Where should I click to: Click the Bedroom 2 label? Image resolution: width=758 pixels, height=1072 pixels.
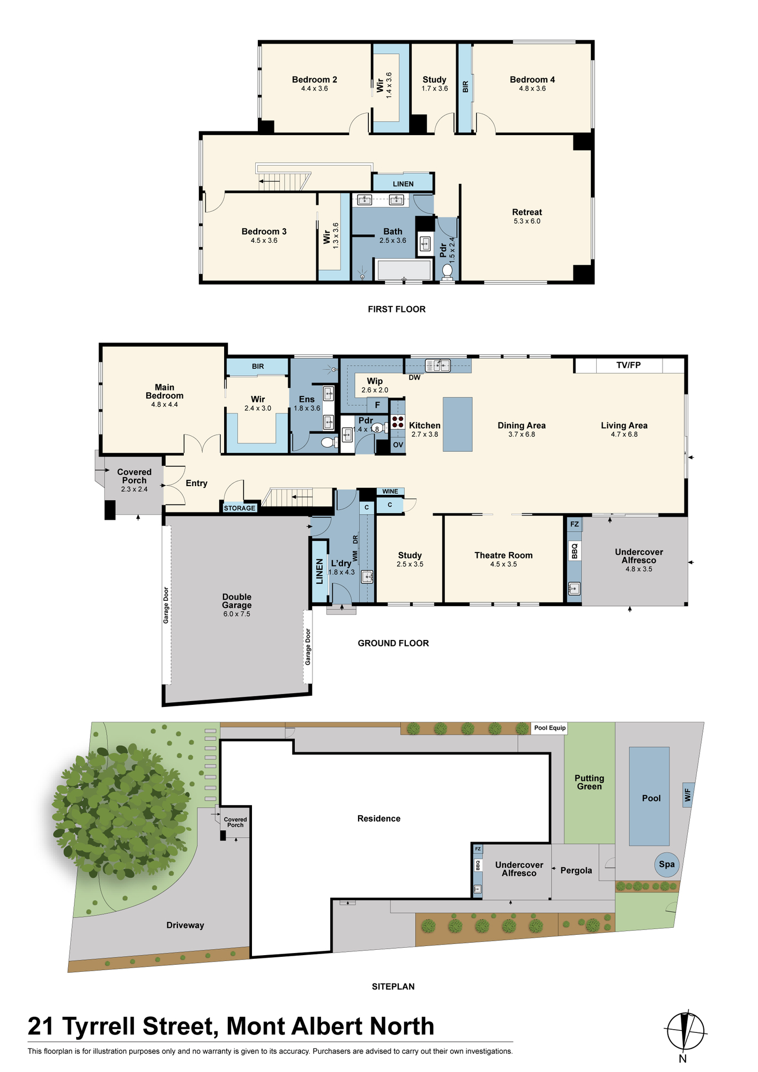pyautogui.click(x=315, y=80)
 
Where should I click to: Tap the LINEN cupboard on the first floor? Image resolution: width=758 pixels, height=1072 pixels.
pyautogui.click(x=403, y=183)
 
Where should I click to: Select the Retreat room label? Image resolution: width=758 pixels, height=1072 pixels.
pyautogui.click(x=527, y=212)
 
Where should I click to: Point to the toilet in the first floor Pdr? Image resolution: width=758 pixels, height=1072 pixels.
pyautogui.click(x=447, y=271)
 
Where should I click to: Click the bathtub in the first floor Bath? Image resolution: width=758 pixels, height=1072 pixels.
pyautogui.click(x=404, y=270)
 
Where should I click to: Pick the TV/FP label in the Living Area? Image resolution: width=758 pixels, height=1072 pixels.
pyautogui.click(x=628, y=366)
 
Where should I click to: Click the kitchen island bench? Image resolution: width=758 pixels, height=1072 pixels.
pyautogui.click(x=457, y=424)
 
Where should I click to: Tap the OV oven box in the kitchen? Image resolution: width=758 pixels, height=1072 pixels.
pyautogui.click(x=398, y=445)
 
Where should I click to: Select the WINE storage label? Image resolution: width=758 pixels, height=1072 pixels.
pyautogui.click(x=390, y=492)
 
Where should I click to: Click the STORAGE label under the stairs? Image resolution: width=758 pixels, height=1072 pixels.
pyautogui.click(x=240, y=508)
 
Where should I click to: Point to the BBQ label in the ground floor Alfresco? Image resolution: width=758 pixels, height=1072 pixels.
pyautogui.click(x=575, y=551)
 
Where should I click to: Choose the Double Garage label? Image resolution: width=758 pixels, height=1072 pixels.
pyautogui.click(x=237, y=601)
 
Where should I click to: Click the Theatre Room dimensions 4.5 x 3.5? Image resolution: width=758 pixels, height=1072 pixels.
pyautogui.click(x=503, y=564)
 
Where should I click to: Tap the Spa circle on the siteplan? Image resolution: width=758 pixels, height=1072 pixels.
pyautogui.click(x=667, y=864)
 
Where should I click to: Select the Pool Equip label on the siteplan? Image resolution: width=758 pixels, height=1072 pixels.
pyautogui.click(x=550, y=728)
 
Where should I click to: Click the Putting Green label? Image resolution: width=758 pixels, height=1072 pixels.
pyautogui.click(x=589, y=782)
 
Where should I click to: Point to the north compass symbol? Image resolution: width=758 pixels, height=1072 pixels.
pyautogui.click(x=685, y=1031)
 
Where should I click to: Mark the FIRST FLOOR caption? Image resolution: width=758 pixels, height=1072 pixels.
pyautogui.click(x=397, y=309)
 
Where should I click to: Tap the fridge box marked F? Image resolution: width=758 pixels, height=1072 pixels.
pyautogui.click(x=377, y=405)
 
